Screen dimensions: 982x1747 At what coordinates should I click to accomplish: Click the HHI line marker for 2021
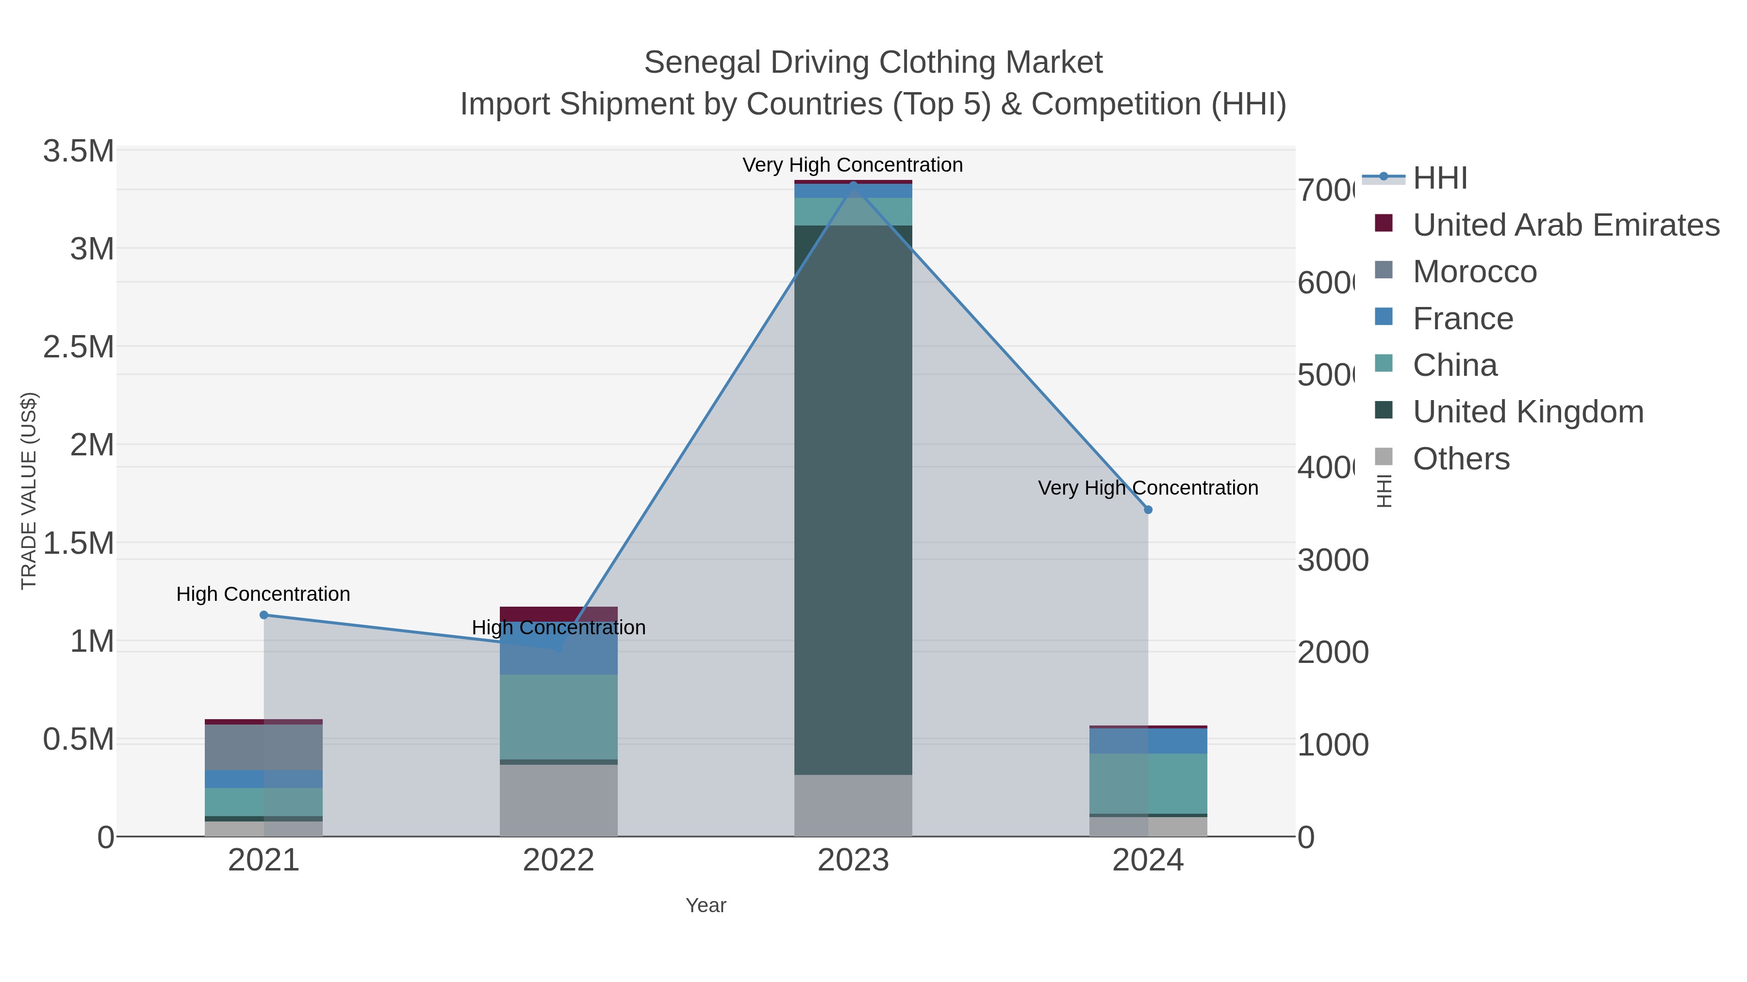pyautogui.click(x=264, y=615)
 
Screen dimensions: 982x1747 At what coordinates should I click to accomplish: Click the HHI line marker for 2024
pyautogui.click(x=1148, y=510)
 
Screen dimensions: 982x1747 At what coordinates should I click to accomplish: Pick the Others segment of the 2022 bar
pyautogui.click(x=558, y=800)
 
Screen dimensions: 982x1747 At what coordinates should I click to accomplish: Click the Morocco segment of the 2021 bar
pyautogui.click(x=264, y=747)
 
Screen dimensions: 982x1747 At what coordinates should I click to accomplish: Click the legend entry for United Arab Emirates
pyautogui.click(x=1565, y=225)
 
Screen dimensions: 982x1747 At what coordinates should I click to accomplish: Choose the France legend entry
pyautogui.click(x=1462, y=318)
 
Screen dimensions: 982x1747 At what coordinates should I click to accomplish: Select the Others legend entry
pyautogui.click(x=1460, y=458)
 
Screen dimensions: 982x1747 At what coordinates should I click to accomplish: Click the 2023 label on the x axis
pyautogui.click(x=853, y=860)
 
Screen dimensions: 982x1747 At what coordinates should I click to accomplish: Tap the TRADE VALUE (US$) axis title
pyautogui.click(x=29, y=491)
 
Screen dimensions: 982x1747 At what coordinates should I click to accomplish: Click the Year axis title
pyautogui.click(x=705, y=905)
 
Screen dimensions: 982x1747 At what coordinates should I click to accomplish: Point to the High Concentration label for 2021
pyautogui.click(x=263, y=594)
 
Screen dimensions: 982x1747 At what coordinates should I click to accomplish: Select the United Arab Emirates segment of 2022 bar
pyautogui.click(x=558, y=613)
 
